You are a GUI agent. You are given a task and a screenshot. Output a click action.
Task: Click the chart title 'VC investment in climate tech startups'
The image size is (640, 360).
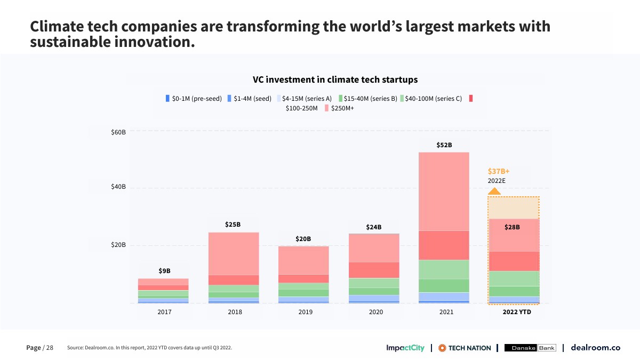click(x=335, y=79)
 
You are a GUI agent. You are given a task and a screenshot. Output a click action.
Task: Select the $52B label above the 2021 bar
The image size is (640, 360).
click(x=444, y=145)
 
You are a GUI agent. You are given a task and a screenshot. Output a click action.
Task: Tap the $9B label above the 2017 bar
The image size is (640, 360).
click(x=164, y=271)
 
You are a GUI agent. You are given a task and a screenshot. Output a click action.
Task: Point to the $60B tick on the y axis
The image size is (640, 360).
click(x=118, y=131)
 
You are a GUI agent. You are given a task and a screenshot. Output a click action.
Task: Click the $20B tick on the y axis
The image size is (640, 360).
click(x=118, y=245)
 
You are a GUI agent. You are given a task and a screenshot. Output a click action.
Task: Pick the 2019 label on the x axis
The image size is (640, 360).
click(x=305, y=312)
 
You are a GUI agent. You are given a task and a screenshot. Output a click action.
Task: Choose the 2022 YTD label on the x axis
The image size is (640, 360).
click(x=517, y=312)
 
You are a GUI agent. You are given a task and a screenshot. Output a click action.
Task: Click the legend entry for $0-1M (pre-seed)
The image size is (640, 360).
click(x=194, y=99)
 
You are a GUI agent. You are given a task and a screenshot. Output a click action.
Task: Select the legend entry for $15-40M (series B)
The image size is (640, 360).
click(x=368, y=99)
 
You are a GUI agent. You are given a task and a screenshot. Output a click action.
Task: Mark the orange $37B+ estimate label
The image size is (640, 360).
click(x=499, y=171)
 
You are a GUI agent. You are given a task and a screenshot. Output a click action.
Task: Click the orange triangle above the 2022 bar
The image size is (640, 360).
click(x=494, y=191)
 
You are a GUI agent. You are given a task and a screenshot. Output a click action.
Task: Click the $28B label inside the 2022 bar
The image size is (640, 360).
click(x=512, y=227)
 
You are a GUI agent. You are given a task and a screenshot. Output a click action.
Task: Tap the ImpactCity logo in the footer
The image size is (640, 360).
click(x=405, y=348)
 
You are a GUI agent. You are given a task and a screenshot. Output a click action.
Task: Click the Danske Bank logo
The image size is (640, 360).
click(x=530, y=348)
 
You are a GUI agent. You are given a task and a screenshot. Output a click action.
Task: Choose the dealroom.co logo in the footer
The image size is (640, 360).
click(x=595, y=348)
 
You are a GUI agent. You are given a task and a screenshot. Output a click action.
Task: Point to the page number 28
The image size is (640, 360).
click(x=50, y=348)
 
